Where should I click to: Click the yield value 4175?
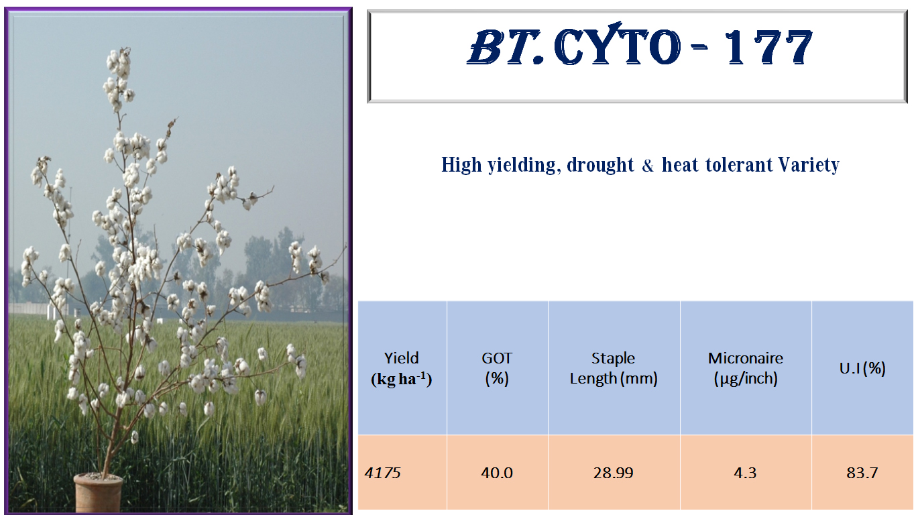382,473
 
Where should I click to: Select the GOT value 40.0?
497,473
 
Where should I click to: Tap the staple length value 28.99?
614,473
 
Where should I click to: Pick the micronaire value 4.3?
745,473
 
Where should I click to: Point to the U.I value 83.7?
862,473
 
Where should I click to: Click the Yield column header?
402,369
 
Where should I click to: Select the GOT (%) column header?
497,369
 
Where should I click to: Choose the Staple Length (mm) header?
614,369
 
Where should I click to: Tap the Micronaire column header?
746,369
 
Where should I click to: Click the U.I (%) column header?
862,369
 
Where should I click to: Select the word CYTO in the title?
617,45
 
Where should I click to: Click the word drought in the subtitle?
600,165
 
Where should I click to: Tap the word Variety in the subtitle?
809,165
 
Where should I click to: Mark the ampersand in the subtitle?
648,166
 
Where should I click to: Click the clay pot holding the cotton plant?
98,492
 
